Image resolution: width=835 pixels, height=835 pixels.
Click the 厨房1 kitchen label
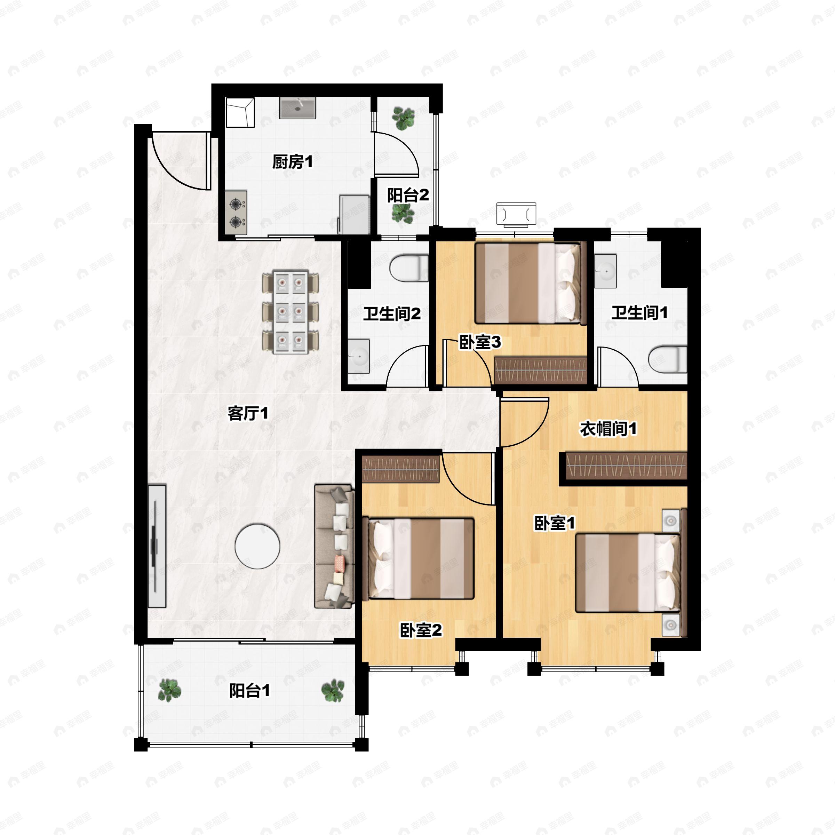292,162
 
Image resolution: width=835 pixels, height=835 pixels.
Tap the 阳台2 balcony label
407,195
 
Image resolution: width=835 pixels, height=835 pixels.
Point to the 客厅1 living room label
248,414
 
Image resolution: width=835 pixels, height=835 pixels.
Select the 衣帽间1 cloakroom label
608,429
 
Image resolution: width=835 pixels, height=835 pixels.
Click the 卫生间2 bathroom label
391,314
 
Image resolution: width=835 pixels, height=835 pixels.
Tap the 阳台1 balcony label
249,691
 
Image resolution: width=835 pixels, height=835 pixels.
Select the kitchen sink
298,108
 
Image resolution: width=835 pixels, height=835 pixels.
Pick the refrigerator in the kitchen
353,214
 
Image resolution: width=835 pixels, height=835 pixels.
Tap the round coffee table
257,546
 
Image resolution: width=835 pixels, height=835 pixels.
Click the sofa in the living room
334,546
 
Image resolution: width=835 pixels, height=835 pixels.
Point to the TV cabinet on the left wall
157,546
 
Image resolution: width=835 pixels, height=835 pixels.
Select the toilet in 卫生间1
668,358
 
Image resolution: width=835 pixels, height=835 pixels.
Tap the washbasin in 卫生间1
605,271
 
